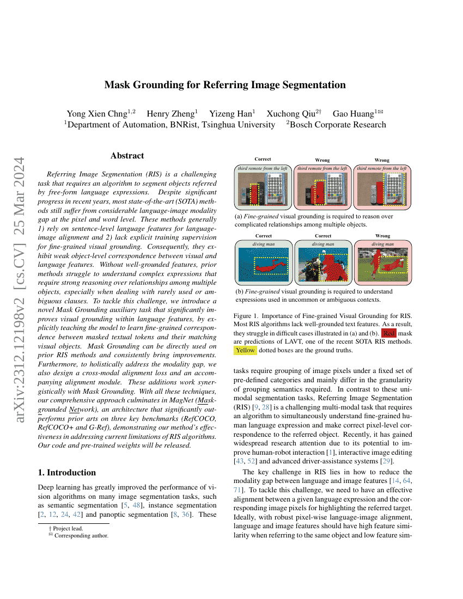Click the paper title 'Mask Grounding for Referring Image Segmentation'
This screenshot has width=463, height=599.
(x=225, y=85)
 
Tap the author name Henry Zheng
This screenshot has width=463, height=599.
(x=172, y=114)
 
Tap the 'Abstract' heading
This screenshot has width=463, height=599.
(x=127, y=156)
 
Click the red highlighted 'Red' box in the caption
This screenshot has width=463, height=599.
(x=389, y=333)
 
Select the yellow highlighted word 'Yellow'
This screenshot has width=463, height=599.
(x=245, y=350)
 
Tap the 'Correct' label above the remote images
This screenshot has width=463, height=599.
(x=263, y=160)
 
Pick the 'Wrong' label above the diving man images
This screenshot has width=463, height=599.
(x=382, y=236)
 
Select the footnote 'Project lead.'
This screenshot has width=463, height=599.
(x=66, y=528)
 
